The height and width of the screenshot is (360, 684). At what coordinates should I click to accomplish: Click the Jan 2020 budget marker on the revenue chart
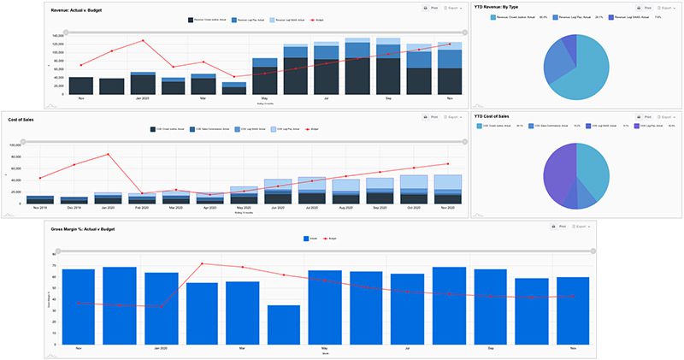click(143, 41)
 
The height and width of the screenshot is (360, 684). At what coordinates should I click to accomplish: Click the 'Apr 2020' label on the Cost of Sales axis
click(209, 208)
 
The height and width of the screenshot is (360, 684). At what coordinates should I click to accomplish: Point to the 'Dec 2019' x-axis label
click(74, 208)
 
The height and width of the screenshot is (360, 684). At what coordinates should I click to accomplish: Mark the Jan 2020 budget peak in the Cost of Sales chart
click(108, 154)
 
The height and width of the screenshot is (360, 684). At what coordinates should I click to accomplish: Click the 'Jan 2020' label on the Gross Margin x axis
click(161, 348)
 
